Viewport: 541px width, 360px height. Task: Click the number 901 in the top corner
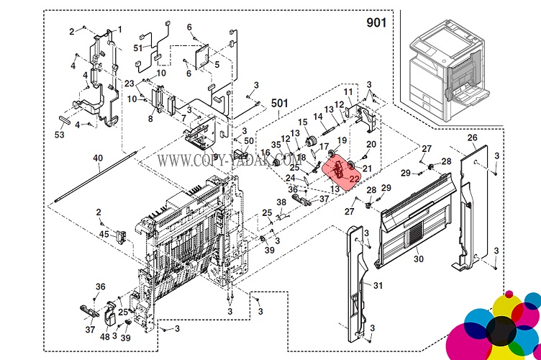pyautogui.click(x=376, y=22)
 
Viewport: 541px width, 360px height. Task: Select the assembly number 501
pyautogui.click(x=280, y=103)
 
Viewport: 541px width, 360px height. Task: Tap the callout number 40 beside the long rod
pyautogui.click(x=98, y=158)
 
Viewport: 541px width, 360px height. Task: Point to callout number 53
pyautogui.click(x=60, y=135)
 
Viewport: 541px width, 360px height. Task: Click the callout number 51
pyautogui.click(x=138, y=48)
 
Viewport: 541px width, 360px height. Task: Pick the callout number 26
pyautogui.click(x=472, y=137)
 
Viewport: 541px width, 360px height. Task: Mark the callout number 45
pyautogui.click(x=104, y=234)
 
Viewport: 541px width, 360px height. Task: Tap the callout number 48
pyautogui.click(x=106, y=336)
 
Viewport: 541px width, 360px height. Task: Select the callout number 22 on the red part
pyautogui.click(x=354, y=177)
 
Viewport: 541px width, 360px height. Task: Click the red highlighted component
pyautogui.click(x=341, y=171)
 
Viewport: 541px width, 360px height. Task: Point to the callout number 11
pyautogui.click(x=347, y=92)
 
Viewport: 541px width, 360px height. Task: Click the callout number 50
pyautogui.click(x=249, y=141)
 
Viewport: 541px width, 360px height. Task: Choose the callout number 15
pyautogui.click(x=303, y=122)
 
